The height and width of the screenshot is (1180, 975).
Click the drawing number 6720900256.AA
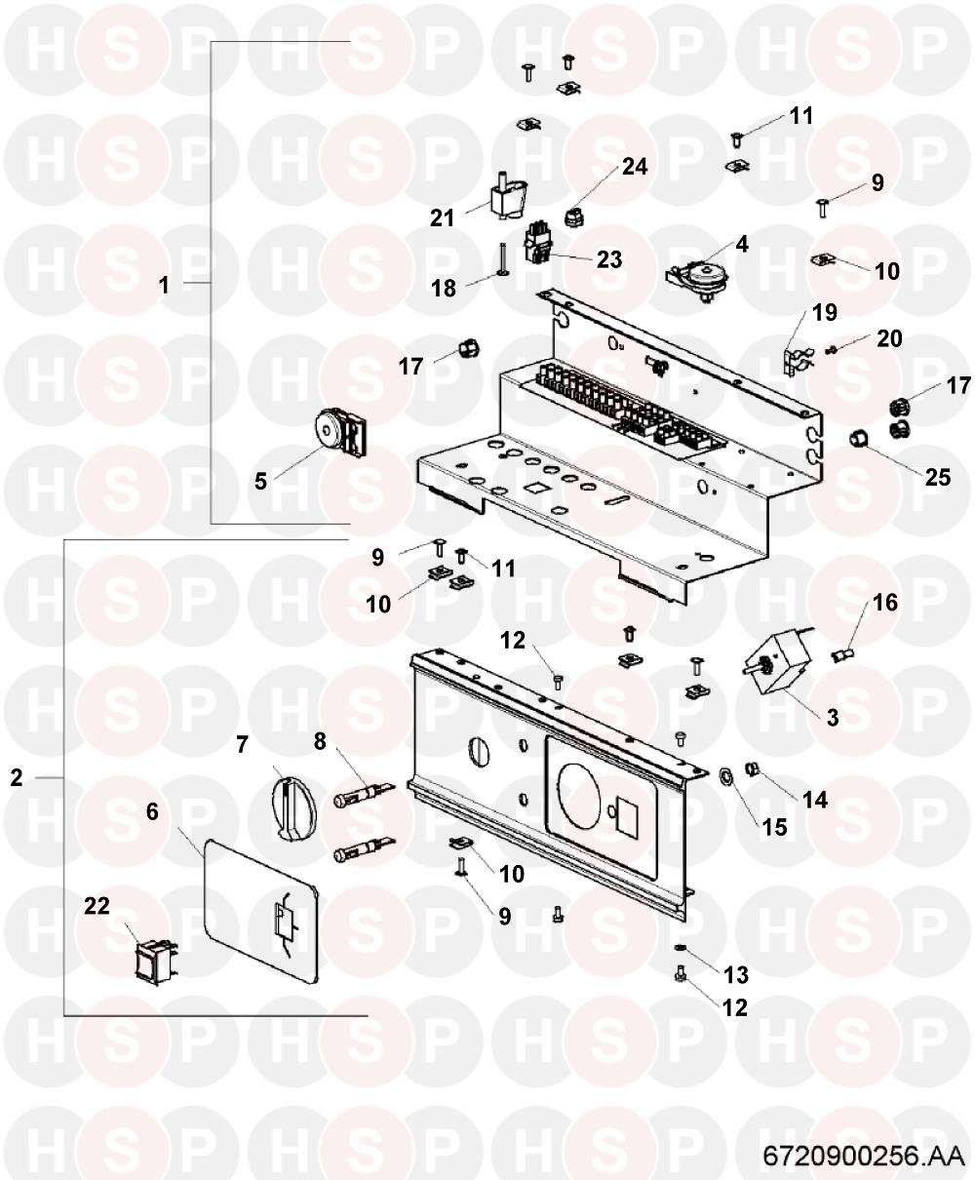tap(864, 1156)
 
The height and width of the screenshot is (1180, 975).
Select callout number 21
tap(442, 218)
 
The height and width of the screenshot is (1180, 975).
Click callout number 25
tap(938, 477)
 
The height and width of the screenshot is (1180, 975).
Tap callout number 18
tap(443, 289)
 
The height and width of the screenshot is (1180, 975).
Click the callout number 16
tap(885, 603)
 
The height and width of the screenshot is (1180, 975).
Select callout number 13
tap(736, 974)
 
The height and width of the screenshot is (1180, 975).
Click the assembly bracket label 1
tap(164, 285)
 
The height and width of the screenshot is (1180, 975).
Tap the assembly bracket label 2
tap(17, 778)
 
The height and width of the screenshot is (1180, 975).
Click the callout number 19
tap(825, 312)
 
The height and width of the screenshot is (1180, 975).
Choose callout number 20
tap(889, 338)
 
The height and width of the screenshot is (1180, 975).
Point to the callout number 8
tap(320, 741)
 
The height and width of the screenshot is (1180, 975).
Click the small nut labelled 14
tap(753, 769)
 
